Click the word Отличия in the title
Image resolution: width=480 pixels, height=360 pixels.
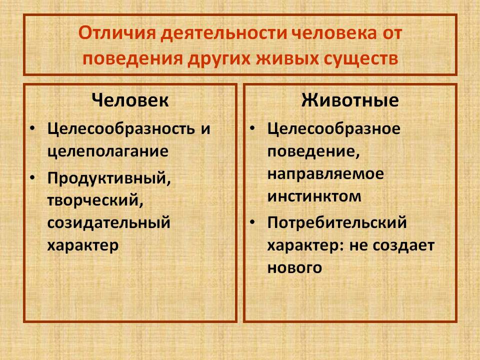[117, 33]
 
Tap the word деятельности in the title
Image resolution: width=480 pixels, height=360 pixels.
[223, 33]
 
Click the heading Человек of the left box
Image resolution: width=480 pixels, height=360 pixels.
[130, 100]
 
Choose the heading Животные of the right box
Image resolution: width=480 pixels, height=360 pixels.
[350, 100]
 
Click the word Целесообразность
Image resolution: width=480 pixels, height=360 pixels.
[121, 129]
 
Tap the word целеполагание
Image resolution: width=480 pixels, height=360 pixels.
[108, 151]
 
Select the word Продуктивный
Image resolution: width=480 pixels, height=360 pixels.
[109, 178]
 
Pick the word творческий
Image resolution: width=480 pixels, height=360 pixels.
[95, 200]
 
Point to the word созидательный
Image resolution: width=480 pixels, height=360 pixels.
[108, 222]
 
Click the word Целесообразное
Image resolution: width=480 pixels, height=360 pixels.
[334, 129]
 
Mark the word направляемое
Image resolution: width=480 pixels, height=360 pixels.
[325, 174]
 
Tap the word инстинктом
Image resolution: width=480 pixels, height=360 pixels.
[314, 196]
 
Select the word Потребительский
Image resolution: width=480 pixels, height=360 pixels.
[337, 222]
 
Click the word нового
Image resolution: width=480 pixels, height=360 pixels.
[295, 267]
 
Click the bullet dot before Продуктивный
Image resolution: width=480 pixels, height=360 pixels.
[32, 178]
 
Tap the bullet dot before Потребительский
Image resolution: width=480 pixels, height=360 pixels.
[252, 222]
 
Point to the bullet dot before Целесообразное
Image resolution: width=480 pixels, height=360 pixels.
[252, 128]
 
